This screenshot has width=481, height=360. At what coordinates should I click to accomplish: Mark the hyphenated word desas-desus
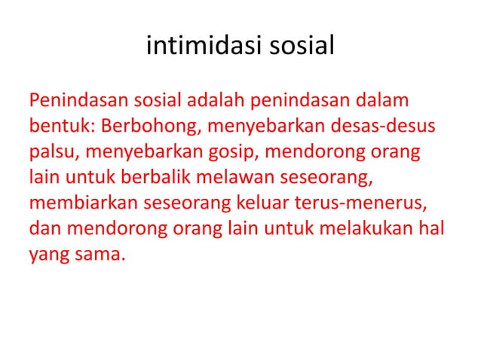[x=387, y=126]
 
